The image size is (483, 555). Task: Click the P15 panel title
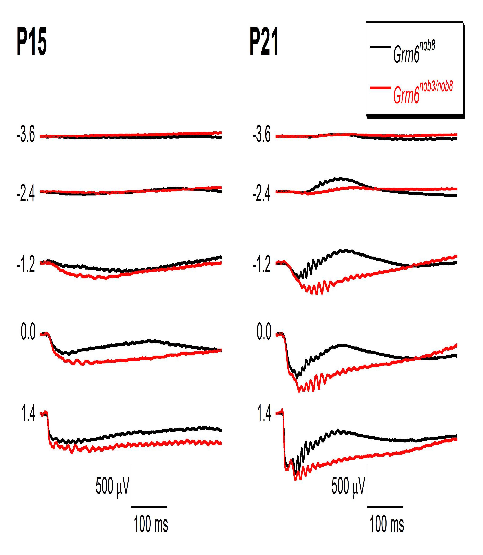coord(32,42)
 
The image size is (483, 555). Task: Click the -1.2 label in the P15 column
coord(26,265)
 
